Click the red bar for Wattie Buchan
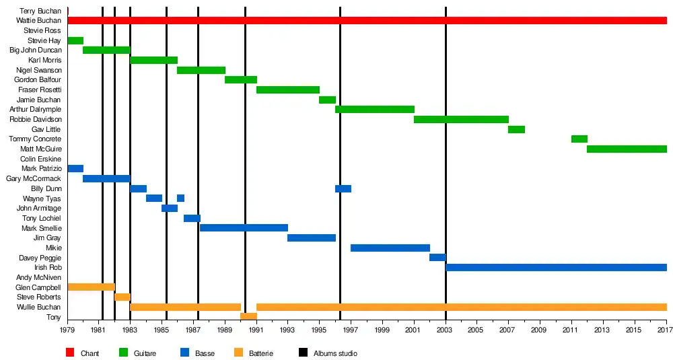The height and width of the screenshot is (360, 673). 367,21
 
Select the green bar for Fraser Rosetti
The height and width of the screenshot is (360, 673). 288,90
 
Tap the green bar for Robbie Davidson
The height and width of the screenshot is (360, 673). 461,120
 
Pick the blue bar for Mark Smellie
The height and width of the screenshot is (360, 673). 244,228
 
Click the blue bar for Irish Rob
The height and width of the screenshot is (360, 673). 556,268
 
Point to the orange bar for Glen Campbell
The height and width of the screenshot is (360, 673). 91,287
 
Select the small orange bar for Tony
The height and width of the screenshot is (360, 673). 248,317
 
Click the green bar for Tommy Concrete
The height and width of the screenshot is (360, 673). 579,139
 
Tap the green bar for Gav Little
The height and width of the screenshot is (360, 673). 516,130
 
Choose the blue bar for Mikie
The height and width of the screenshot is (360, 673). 390,248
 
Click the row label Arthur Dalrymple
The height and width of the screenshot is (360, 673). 36,110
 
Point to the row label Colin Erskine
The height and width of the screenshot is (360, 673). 41,159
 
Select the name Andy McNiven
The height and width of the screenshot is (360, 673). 38,278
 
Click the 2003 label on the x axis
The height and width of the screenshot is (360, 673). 445,330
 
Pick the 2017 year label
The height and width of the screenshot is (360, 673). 665,330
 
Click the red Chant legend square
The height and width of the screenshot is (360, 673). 69,353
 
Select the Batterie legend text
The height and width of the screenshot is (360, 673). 261,354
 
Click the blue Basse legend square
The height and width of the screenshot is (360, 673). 184,353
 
